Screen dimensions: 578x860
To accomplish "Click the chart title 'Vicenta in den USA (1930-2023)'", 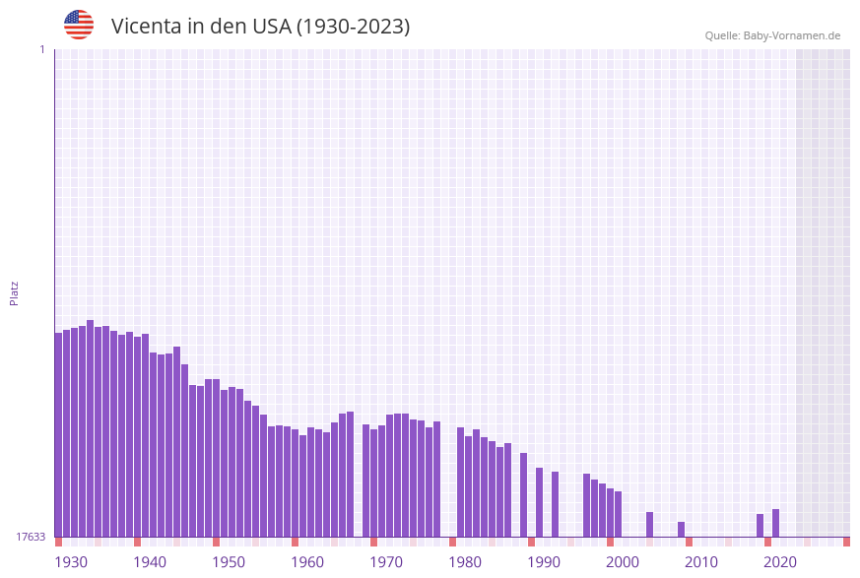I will pos(260,27).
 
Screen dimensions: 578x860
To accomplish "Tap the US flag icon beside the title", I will pos(79,25).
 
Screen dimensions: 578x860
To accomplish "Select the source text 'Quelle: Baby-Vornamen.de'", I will pos(772,35).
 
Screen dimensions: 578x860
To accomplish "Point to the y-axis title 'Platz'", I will pos(14,292).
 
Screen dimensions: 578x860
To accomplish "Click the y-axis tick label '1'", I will pos(41,49).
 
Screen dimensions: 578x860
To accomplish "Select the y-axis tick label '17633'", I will pos(31,537).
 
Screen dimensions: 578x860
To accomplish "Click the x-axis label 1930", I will pos(71,562).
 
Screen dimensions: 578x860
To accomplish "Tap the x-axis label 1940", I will pos(150,562).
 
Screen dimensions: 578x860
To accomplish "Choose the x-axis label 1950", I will pos(229,562).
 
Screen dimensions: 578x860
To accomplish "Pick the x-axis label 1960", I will pos(307,562).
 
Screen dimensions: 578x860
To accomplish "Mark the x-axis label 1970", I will pos(386,562).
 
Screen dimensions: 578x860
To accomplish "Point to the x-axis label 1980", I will pos(465,562).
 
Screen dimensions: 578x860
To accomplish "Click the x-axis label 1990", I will pos(544,562).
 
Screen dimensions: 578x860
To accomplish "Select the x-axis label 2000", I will pos(623,562).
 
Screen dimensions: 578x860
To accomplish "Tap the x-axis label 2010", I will pos(701,562).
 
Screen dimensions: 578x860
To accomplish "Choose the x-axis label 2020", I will pos(780,562).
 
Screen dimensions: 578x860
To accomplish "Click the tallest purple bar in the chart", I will pos(91,428).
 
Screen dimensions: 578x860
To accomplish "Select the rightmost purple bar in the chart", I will pos(776,523).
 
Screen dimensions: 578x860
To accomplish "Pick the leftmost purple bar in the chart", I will pos(59,434).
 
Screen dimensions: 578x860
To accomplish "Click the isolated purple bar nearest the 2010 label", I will pos(682,529).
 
